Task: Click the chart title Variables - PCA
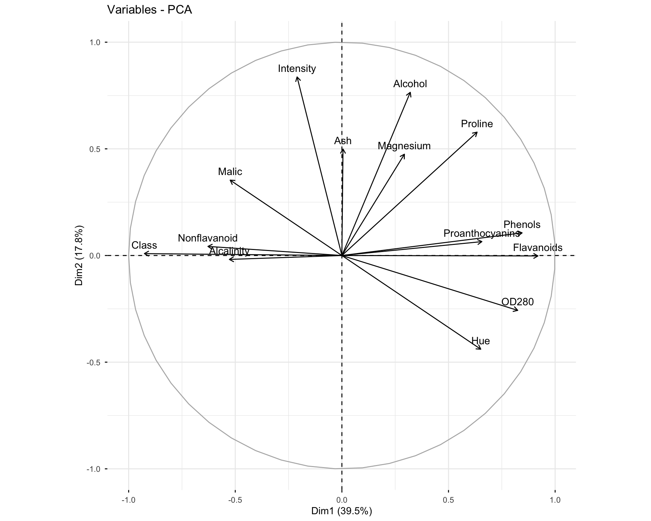point(150,10)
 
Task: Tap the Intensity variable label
point(297,69)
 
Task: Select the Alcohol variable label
point(410,84)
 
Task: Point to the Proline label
point(477,124)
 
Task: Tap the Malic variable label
point(230,172)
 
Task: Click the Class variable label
point(144,245)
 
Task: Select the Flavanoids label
point(537,248)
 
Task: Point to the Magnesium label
point(404,146)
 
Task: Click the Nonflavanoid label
point(208,238)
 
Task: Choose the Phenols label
point(522,225)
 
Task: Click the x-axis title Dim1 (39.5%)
point(341,511)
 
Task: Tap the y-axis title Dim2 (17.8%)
point(79,255)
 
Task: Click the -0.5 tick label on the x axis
point(235,500)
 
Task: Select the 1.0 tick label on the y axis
point(95,42)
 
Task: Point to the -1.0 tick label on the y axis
point(93,469)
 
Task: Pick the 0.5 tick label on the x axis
point(448,500)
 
